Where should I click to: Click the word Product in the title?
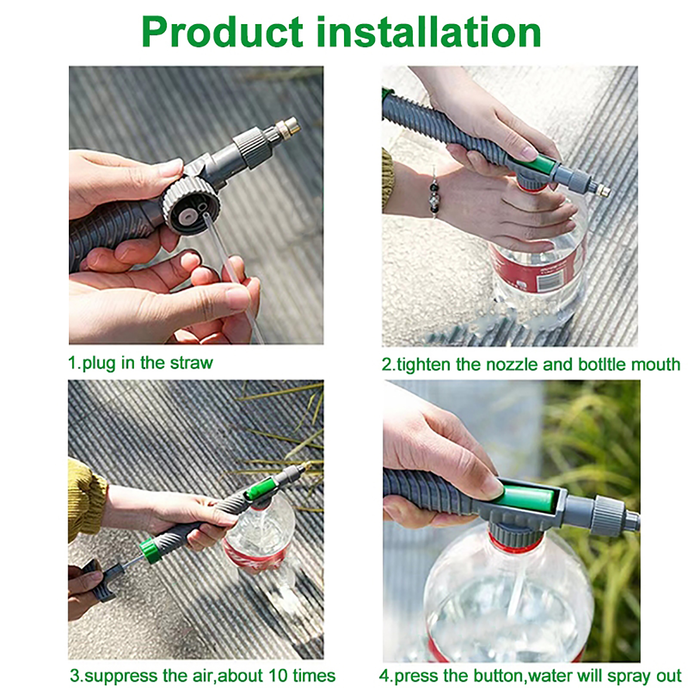coord(223,33)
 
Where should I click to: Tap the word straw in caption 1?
coord(191,363)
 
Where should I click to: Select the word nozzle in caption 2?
coord(512,365)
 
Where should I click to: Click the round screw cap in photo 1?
coord(191,205)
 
